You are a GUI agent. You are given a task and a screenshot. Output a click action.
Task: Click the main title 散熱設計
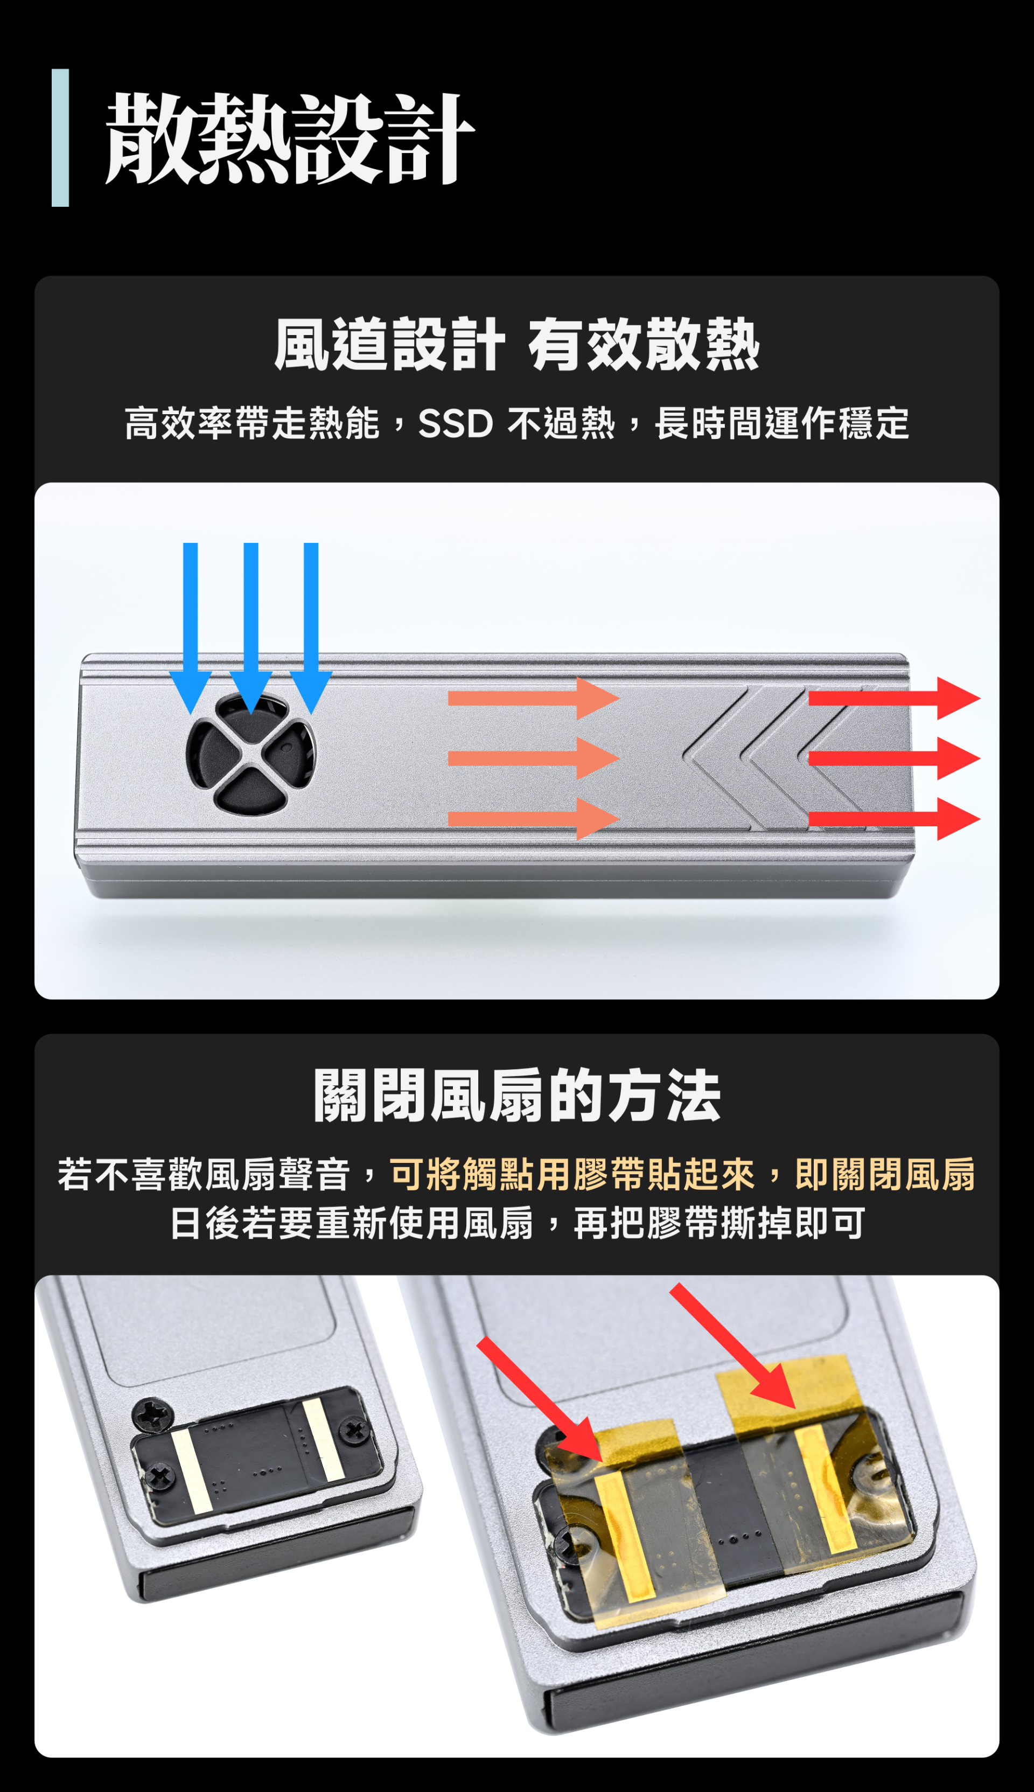click(290, 138)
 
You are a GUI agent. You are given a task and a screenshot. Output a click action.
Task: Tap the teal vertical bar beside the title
click(60, 138)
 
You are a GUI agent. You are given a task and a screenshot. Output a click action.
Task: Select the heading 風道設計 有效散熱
click(517, 345)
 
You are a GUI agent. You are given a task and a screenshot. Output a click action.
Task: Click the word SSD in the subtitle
click(455, 424)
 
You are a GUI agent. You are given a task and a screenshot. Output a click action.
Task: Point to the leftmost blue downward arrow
click(190, 628)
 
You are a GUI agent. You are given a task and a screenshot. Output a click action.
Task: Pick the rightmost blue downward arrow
click(311, 628)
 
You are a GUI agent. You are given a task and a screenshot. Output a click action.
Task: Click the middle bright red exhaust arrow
click(894, 758)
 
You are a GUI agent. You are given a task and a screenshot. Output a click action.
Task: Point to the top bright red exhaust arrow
click(894, 698)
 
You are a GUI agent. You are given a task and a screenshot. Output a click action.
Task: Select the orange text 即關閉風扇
click(885, 1174)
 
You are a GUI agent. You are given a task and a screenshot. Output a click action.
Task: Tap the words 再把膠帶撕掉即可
click(719, 1224)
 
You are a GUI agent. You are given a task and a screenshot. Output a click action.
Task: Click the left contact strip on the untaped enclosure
click(192, 1471)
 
